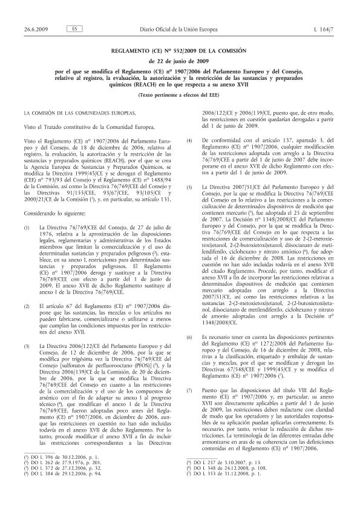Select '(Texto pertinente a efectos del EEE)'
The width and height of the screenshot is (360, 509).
pyautogui.click(x=180, y=96)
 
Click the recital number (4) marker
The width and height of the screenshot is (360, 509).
pyautogui.click(x=188, y=141)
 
